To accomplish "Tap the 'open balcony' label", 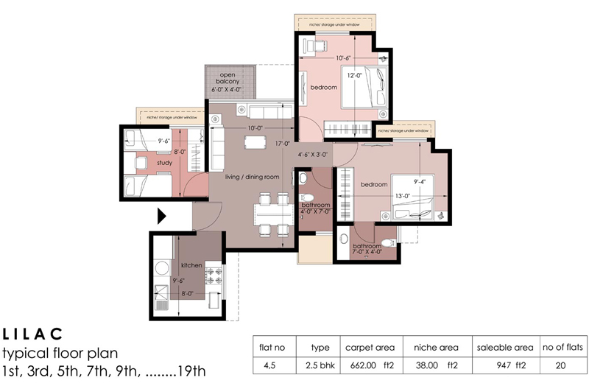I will (x=230, y=81).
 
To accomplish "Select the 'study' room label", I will (x=165, y=163).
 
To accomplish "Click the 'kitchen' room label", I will (x=191, y=264).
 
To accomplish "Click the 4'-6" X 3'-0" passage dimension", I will (x=314, y=155).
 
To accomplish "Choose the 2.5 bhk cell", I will (x=315, y=363).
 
